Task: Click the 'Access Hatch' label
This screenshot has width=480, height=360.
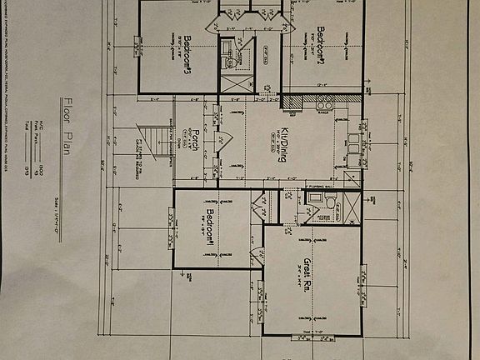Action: [x=322, y=218]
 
